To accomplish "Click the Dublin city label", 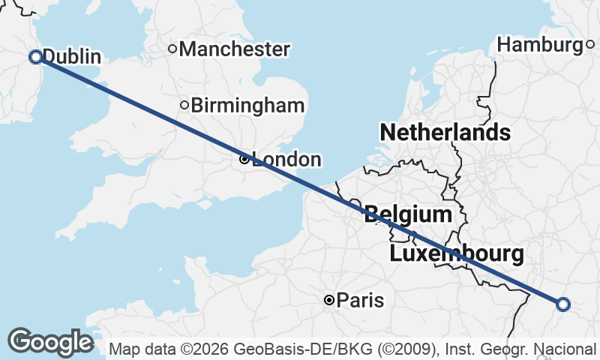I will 72,56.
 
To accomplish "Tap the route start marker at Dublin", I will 35,56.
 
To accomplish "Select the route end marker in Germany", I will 563,304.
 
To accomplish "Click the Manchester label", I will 235,49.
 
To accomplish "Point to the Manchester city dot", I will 172,49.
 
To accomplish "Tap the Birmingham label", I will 248,106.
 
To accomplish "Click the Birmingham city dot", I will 184,105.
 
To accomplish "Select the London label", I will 286,160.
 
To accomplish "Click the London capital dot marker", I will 244,159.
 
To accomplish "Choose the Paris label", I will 360,301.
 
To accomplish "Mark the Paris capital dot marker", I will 328,300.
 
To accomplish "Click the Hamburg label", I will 540,45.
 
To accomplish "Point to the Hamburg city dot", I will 590,45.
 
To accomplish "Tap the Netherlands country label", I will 445,133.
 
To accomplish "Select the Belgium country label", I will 408,215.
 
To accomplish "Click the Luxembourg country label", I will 457,253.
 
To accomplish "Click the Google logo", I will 50,342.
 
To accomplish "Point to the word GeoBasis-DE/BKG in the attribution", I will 271,349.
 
